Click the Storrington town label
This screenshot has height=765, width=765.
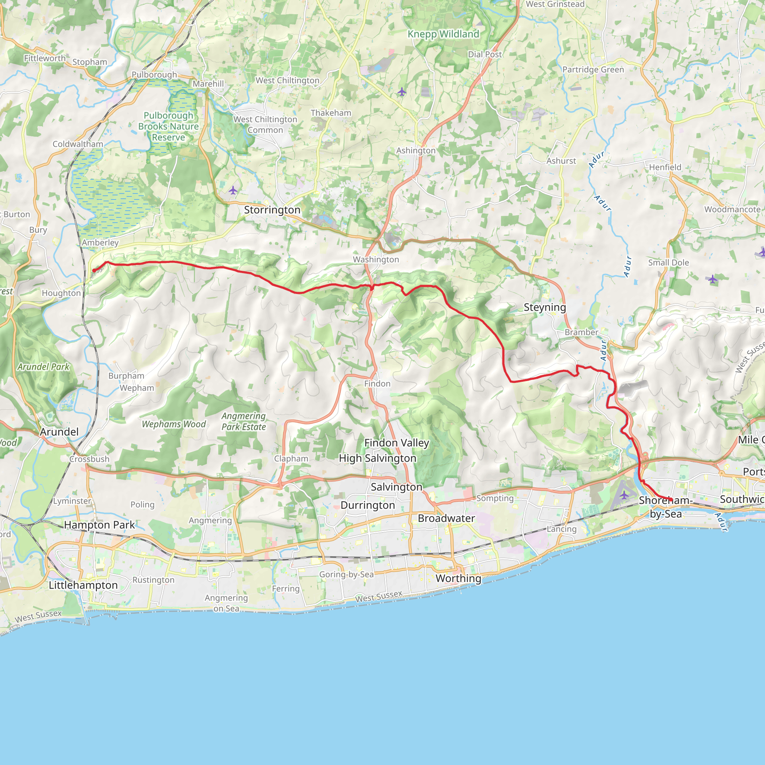[272, 210]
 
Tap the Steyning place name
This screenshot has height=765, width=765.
[545, 307]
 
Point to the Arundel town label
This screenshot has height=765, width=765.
[59, 431]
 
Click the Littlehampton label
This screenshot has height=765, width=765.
[83, 585]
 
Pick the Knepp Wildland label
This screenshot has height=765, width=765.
[443, 34]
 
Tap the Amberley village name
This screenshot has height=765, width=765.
[100, 243]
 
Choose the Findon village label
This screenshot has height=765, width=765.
[377, 384]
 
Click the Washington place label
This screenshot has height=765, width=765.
[376, 259]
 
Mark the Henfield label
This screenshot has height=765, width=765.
[665, 167]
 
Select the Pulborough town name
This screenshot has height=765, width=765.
[154, 74]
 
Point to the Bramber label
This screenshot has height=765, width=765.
[581, 332]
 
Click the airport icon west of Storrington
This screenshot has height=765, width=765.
[233, 191]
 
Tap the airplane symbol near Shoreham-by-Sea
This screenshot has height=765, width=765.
[624, 495]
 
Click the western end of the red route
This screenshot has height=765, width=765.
[94, 271]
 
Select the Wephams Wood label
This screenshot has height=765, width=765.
[174, 424]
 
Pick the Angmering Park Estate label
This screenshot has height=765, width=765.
[244, 421]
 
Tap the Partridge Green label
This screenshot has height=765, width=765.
[593, 70]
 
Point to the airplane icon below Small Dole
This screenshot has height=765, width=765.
[712, 279]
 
